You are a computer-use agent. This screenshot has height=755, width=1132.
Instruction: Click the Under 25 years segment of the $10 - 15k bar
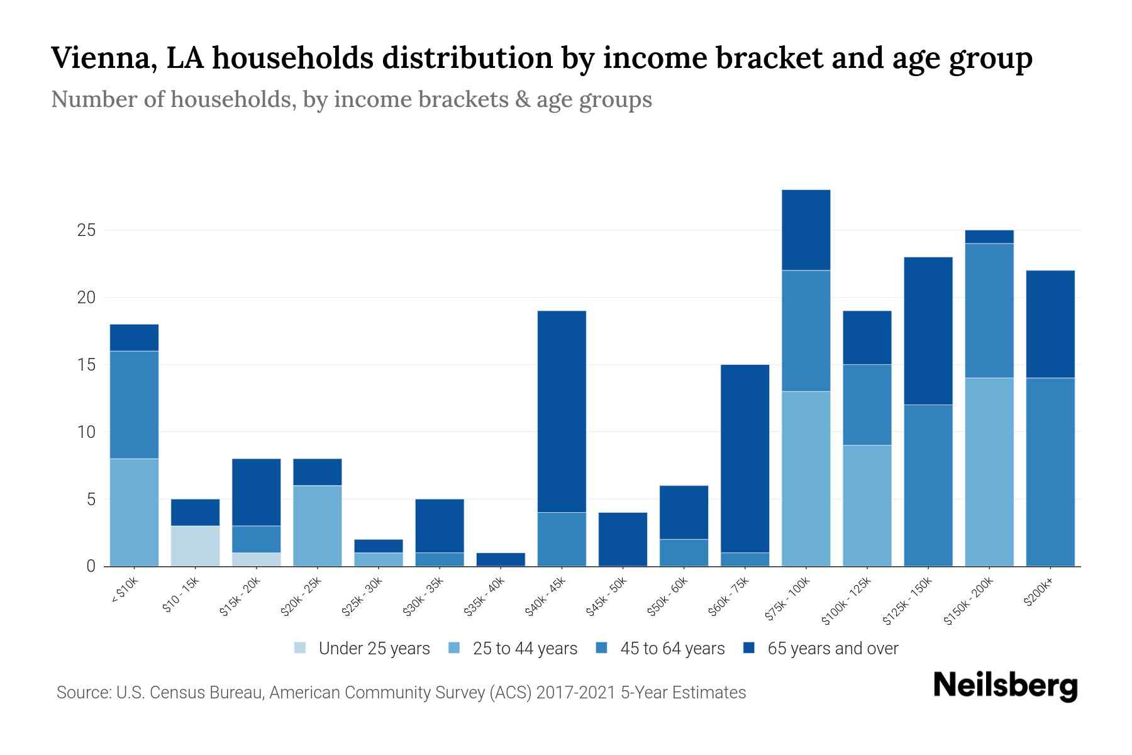(x=195, y=545)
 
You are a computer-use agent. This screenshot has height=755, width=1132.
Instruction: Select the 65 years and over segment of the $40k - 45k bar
(x=562, y=411)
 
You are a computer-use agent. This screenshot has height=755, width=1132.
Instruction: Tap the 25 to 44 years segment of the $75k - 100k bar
(x=806, y=479)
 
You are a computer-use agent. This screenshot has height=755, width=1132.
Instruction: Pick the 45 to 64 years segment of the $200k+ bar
(x=1050, y=472)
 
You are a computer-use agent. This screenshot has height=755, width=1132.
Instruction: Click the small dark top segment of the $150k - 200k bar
(x=989, y=237)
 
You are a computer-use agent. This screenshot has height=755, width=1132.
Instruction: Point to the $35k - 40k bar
(x=501, y=559)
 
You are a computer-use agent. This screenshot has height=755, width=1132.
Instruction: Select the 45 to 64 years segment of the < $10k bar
(x=134, y=405)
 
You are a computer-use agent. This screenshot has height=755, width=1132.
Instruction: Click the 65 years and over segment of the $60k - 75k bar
(x=745, y=458)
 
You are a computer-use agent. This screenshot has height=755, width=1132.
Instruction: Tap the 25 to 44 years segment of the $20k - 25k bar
(x=318, y=525)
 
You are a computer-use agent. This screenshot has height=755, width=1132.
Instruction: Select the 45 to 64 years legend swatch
(x=601, y=648)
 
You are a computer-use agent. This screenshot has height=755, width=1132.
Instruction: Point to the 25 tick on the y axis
(x=86, y=230)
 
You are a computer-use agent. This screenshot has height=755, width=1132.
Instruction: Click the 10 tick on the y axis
(x=86, y=432)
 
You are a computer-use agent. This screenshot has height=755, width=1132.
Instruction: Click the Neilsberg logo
(x=1005, y=686)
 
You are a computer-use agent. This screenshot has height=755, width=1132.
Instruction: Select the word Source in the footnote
(x=82, y=693)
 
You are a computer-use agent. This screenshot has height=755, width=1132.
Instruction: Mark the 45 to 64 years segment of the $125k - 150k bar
(x=928, y=485)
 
